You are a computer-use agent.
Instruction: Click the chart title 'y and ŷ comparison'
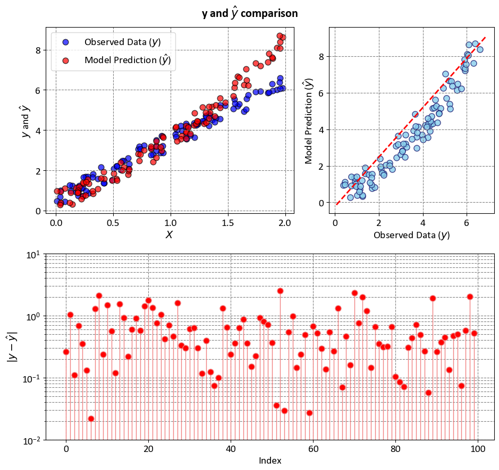[x=249, y=13]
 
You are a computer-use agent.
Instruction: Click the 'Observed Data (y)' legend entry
[x=123, y=42]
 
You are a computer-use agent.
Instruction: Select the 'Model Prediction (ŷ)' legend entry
[x=128, y=60]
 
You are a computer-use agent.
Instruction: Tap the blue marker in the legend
[x=65, y=42]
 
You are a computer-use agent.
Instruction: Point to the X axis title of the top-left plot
[x=170, y=234]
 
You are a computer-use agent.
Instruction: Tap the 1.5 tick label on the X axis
[x=228, y=223]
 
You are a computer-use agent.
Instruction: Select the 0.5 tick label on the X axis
[x=113, y=223]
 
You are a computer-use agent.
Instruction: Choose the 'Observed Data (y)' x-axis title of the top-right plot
[x=411, y=234]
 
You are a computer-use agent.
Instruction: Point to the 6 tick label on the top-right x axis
[x=467, y=223]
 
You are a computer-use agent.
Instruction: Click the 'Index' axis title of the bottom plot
[x=270, y=460]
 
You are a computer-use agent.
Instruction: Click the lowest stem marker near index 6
[x=91, y=419]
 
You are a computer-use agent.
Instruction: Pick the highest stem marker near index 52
[x=280, y=291]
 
